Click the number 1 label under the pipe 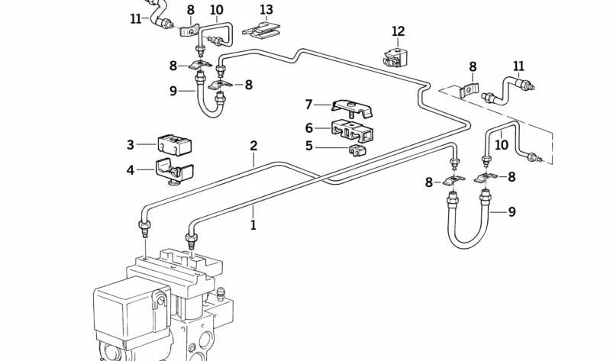tap(253, 225)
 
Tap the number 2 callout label tap(253, 146)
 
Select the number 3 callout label tap(131, 144)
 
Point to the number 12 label tap(398, 31)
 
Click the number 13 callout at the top tap(266, 10)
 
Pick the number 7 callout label tap(309, 105)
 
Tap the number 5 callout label tap(309, 145)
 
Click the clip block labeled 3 tap(175, 145)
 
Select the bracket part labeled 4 tap(172, 172)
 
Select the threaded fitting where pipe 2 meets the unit tap(144, 228)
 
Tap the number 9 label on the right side tap(512, 211)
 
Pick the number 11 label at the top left tap(136, 18)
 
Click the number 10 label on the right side tap(502, 144)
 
